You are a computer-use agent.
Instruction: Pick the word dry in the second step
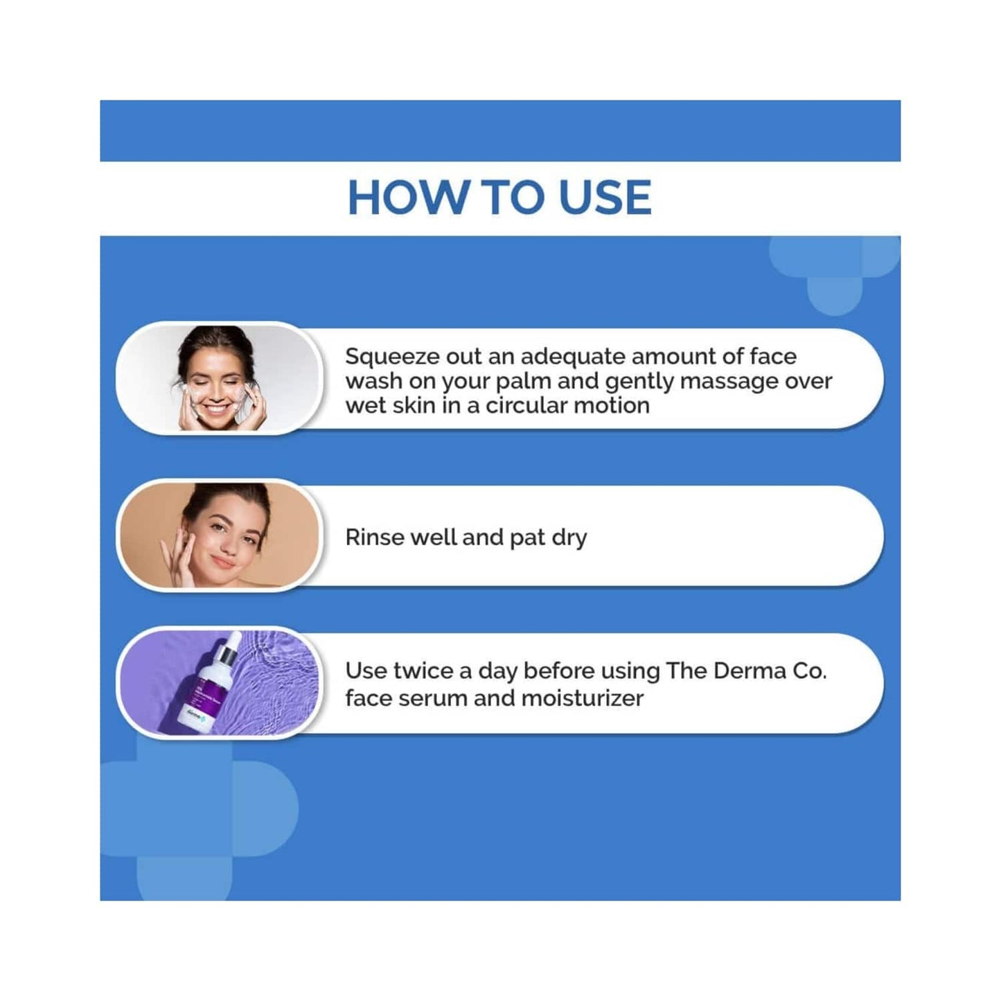point(569,538)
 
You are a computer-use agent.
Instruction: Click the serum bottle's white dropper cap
point(229,648)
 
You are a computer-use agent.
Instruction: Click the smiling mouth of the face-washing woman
point(215,409)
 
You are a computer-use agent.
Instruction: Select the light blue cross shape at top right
point(835,270)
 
